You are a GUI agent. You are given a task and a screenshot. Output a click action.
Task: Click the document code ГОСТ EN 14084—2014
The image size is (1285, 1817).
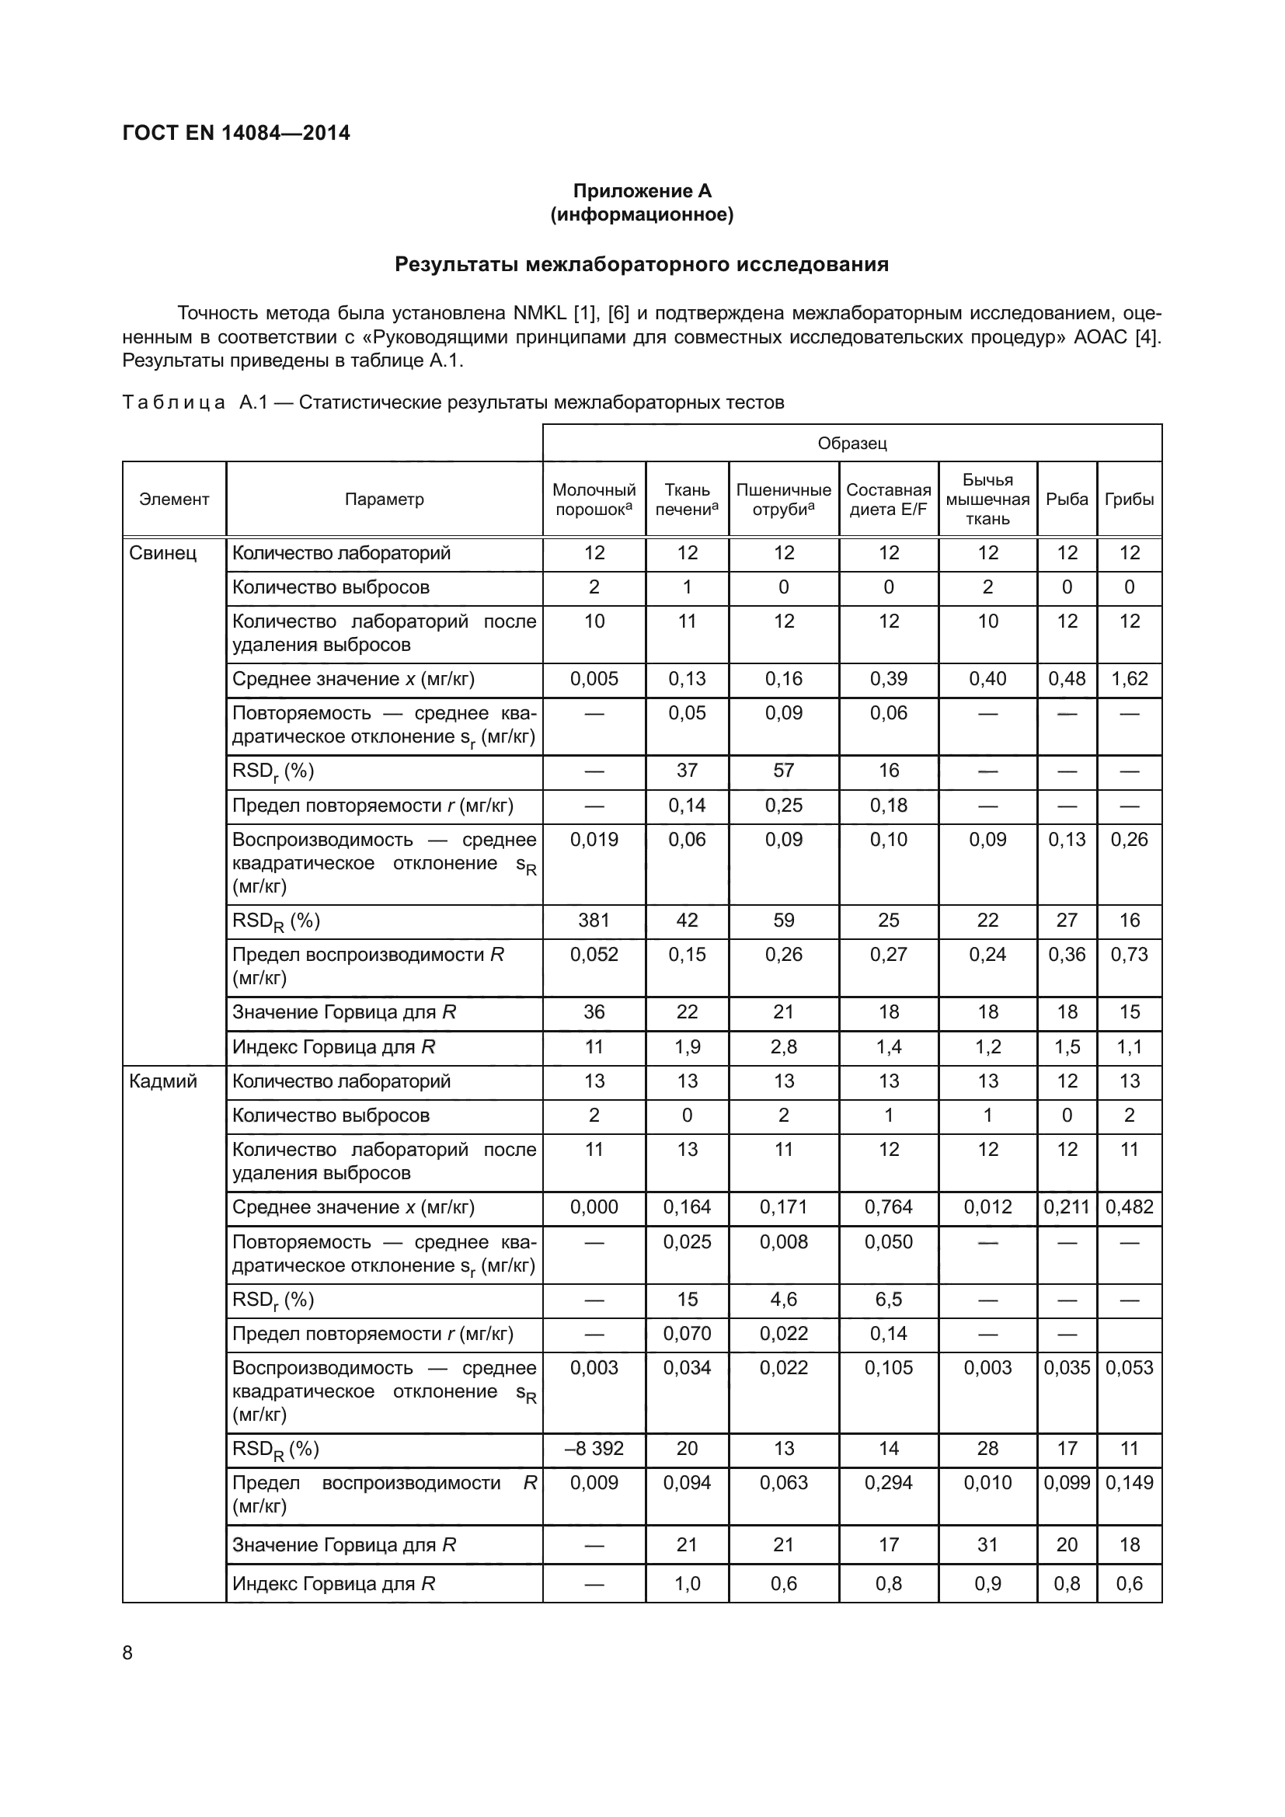pos(236,133)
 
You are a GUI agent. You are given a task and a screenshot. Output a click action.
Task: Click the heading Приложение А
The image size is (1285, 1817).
pos(642,191)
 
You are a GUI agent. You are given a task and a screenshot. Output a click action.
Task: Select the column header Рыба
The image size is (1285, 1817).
pos(1067,500)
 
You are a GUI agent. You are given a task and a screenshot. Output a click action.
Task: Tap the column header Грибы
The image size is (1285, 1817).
pos(1129,500)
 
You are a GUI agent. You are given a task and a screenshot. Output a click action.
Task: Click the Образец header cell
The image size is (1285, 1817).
pos(851,443)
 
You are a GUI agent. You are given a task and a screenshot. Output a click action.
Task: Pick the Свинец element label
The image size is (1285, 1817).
pos(163,553)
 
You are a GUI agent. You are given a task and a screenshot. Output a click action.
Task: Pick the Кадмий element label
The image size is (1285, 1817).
pos(163,1081)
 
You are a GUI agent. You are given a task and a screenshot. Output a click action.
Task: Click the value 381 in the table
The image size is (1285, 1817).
pos(594,921)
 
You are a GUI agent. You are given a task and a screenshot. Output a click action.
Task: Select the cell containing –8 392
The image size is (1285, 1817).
pos(594,1448)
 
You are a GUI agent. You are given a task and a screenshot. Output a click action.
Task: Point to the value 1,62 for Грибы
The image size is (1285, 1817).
pos(1129,679)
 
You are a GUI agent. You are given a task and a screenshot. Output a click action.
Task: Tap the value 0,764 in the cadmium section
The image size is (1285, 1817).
pos(888,1207)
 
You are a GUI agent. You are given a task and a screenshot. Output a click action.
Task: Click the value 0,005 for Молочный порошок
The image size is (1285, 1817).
pos(594,679)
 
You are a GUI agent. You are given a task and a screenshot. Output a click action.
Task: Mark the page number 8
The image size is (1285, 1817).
pos(127,1653)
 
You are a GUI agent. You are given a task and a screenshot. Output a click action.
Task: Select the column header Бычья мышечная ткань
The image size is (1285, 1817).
pos(987,500)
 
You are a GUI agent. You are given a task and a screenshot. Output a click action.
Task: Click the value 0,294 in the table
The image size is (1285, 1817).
pos(888,1482)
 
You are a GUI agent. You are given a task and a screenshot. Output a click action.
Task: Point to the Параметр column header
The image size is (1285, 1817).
pos(384,500)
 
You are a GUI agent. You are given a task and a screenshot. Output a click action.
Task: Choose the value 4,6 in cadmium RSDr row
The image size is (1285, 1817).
pos(783,1300)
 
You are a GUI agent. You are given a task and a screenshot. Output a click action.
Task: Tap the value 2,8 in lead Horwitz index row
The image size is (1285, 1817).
pos(783,1047)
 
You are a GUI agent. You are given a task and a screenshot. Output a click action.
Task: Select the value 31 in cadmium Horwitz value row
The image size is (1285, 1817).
pos(987,1545)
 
